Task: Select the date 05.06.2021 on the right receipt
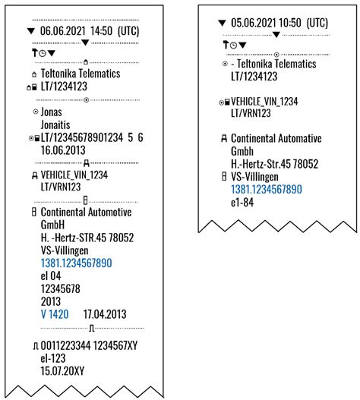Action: point(254,24)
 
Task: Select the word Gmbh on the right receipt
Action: point(246,151)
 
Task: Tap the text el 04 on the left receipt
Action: point(53,275)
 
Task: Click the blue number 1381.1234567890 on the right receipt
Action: point(267,189)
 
